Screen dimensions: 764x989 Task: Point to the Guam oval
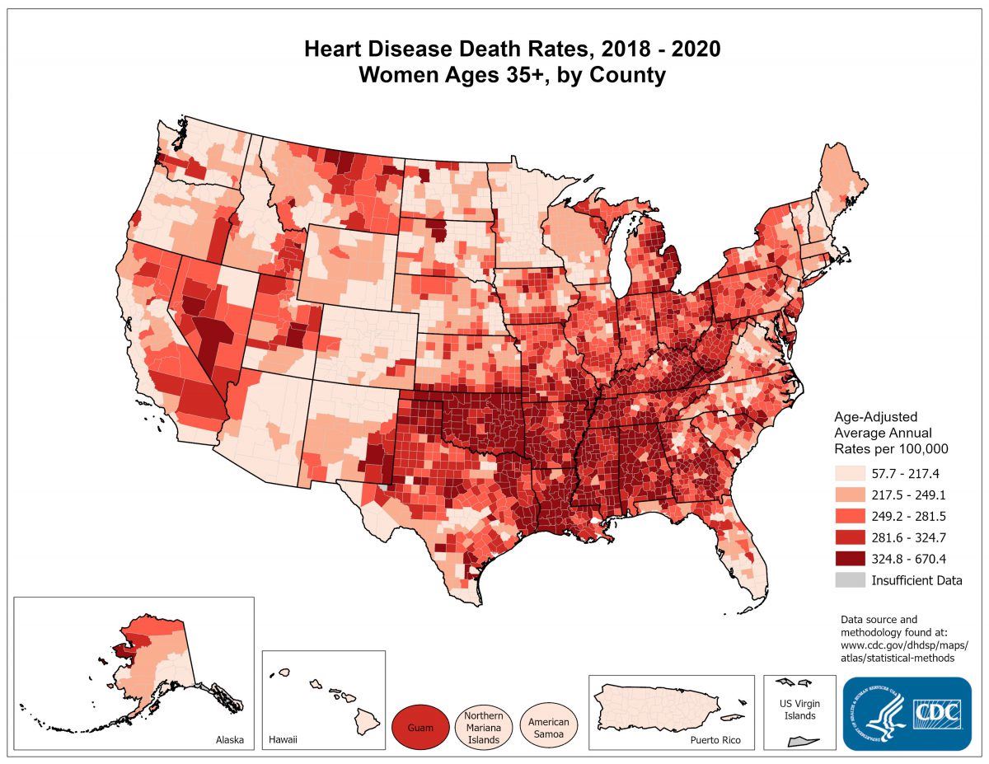420,728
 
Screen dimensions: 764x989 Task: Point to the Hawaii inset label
283,739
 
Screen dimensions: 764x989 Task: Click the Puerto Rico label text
715,740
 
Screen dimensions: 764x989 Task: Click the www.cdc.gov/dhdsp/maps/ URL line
904,644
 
